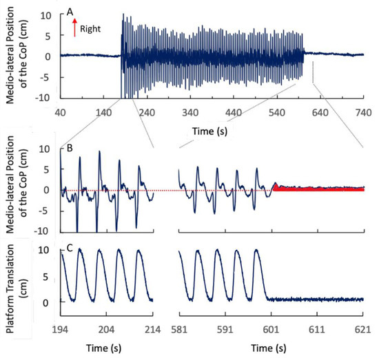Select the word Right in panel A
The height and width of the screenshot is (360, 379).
(90, 30)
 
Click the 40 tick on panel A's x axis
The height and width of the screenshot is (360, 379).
(60, 112)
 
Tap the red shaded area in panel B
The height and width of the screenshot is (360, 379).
(317, 188)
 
